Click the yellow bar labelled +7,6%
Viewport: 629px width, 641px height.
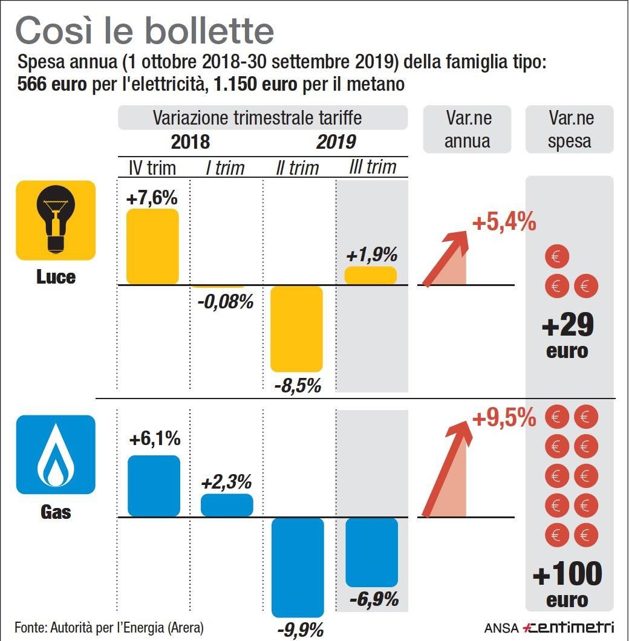(152, 246)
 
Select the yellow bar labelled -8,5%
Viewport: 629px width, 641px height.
(296, 329)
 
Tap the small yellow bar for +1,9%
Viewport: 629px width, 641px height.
(371, 275)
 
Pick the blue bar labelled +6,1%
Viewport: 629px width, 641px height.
(154, 486)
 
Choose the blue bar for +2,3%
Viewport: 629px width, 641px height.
(227, 505)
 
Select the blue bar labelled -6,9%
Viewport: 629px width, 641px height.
(372, 552)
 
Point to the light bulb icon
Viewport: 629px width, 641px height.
(56, 220)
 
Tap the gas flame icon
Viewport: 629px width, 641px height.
(56, 454)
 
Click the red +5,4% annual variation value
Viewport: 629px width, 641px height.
(504, 223)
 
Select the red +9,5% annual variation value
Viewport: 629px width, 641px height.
(504, 418)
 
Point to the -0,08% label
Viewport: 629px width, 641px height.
(225, 301)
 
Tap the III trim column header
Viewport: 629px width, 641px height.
(372, 167)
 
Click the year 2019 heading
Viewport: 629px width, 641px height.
(336, 142)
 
